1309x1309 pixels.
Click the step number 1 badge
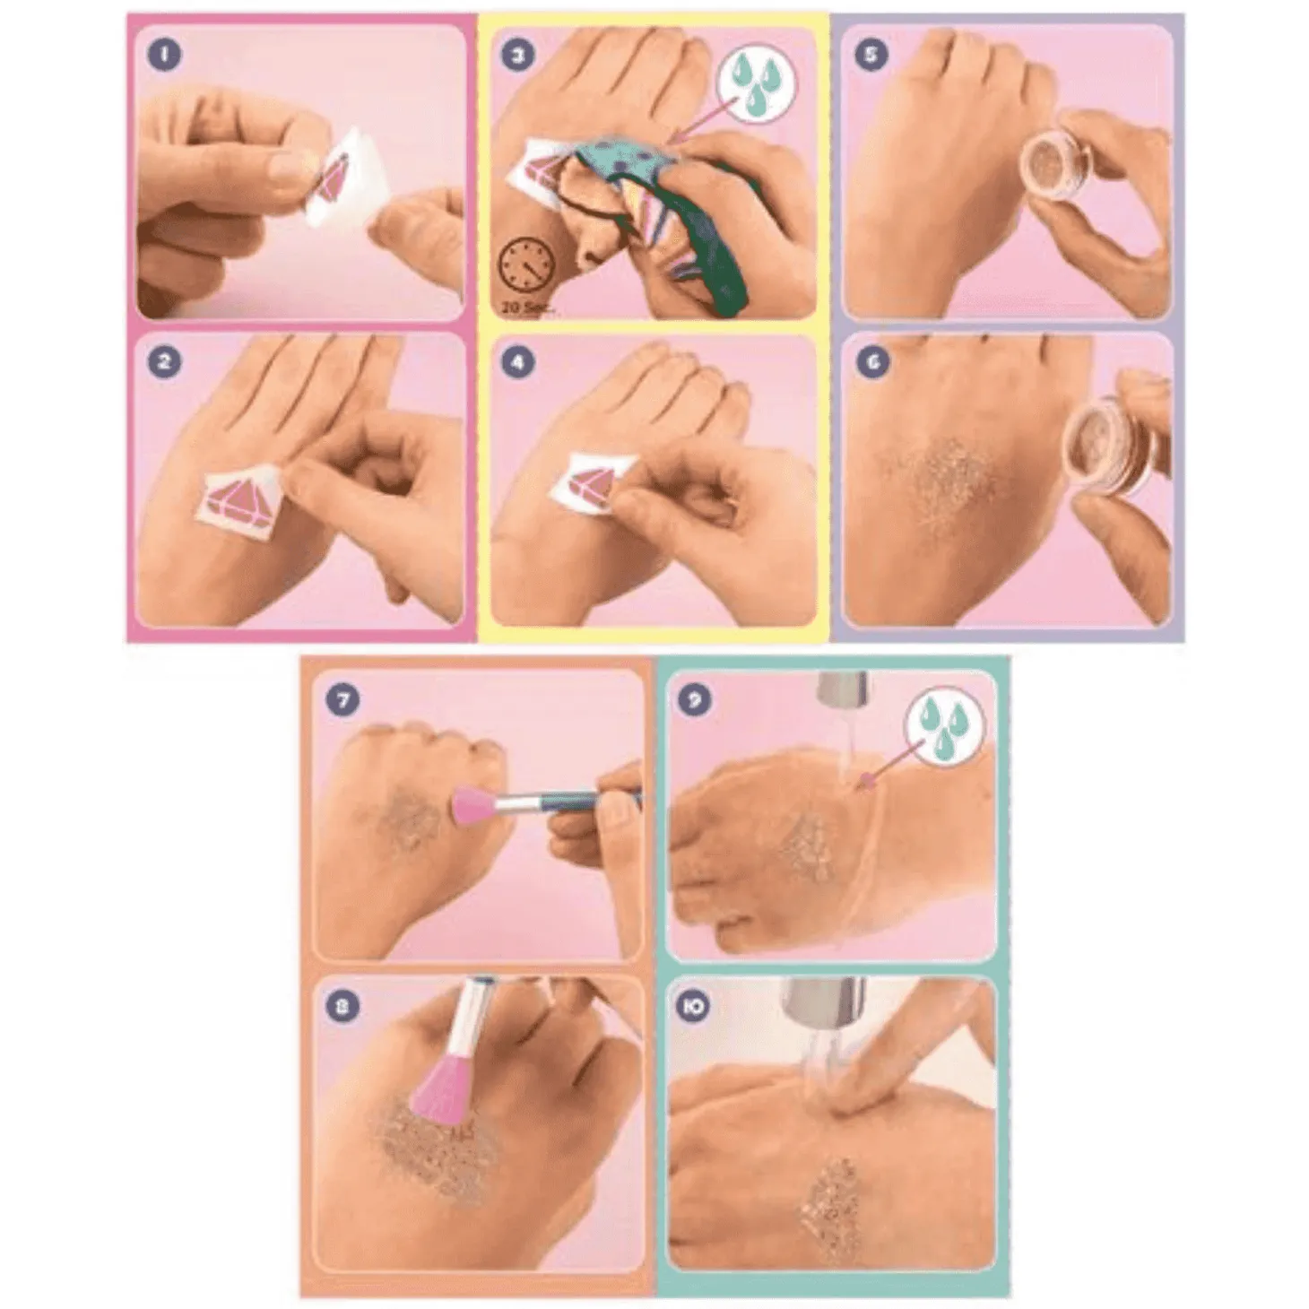[164, 55]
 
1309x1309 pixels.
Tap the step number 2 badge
[164, 361]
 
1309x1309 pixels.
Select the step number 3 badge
[516, 55]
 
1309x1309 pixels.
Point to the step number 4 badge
[516, 362]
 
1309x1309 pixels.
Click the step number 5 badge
[871, 55]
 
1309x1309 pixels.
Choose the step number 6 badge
[871, 362]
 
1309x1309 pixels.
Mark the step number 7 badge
[342, 699]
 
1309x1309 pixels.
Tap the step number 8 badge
[342, 1007]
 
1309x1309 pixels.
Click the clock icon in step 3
[525, 269]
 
